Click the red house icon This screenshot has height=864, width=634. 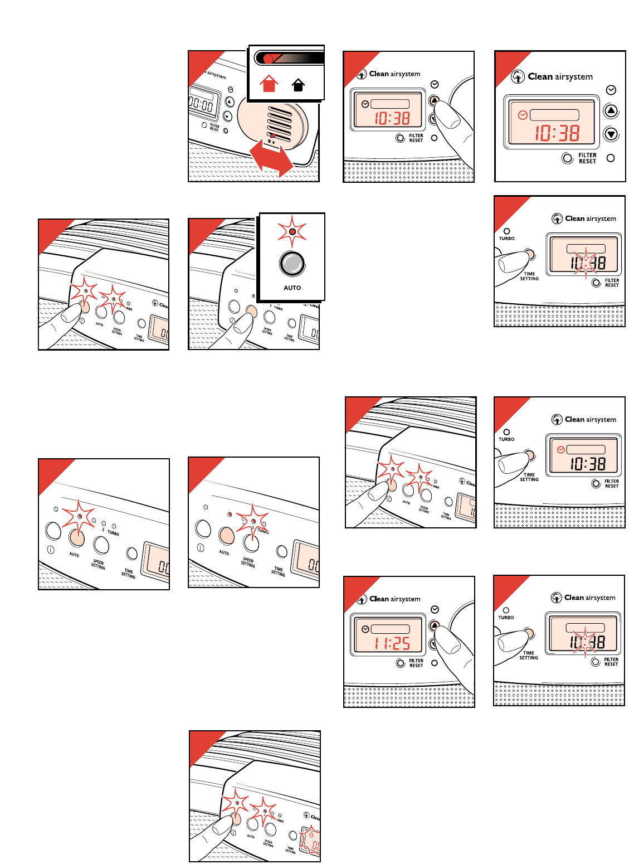(269, 84)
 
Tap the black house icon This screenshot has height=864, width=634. (298, 84)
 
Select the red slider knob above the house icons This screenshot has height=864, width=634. (268, 59)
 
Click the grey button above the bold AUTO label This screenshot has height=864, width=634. (292, 264)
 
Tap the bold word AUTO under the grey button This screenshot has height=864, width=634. (292, 288)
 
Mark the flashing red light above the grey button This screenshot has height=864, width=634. (292, 231)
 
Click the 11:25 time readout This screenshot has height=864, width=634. (392, 644)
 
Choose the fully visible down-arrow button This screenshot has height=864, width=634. (611, 134)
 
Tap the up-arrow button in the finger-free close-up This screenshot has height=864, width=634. (611, 111)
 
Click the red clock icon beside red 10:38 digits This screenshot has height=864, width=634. (523, 115)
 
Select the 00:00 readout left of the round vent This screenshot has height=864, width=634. (201, 104)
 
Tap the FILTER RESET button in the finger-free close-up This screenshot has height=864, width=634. (568, 158)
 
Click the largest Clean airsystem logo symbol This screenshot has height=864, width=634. (518, 77)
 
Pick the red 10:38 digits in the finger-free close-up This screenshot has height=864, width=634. (557, 133)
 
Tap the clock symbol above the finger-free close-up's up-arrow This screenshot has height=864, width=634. (611, 90)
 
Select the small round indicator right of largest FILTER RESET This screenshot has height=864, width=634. (611, 158)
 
